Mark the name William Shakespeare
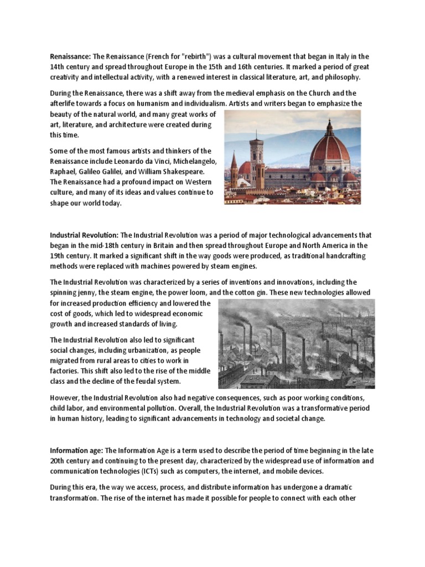coord(166,172)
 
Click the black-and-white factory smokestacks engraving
coord(296,344)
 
